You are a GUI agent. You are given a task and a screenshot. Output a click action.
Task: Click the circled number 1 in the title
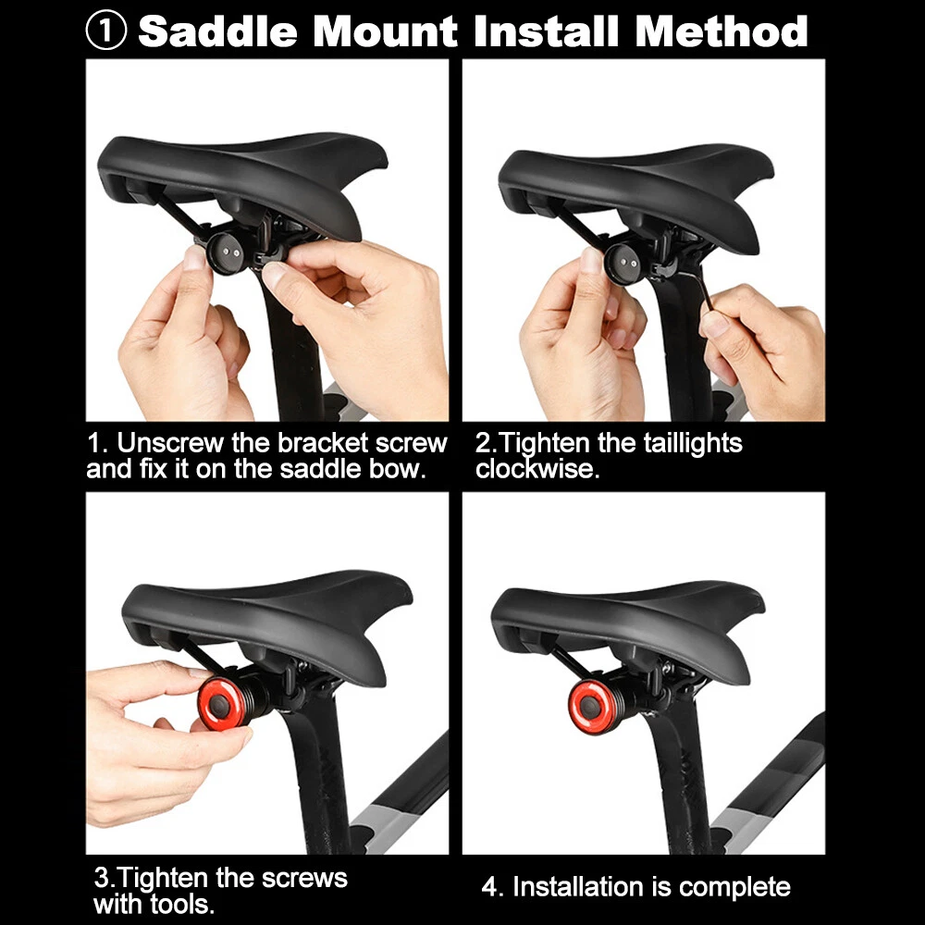(106, 31)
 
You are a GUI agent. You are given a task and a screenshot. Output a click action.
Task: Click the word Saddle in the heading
(217, 31)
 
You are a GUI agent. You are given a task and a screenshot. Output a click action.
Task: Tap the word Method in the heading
(721, 31)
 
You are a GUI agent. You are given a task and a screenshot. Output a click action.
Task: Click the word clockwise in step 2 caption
(537, 469)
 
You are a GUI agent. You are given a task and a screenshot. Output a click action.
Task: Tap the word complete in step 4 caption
(734, 888)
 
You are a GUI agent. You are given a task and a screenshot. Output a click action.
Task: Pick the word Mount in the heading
(385, 31)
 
